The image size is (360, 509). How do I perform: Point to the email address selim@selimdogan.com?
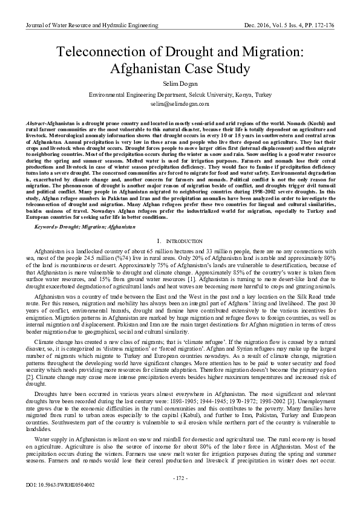[x=180, y=104]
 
